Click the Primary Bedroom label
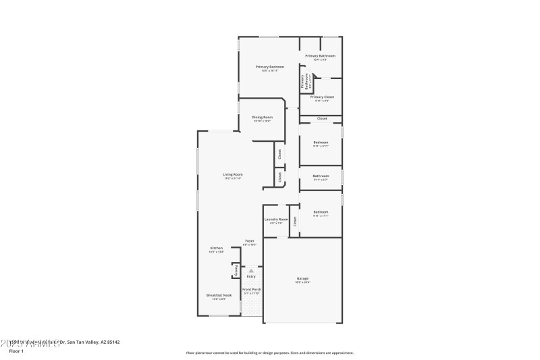269,67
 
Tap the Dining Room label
262,117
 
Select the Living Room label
233,174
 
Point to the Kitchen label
216,248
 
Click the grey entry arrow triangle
251,270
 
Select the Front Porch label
252,289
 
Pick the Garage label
302,278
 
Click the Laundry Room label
275,219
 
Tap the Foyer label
250,240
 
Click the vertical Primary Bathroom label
303,82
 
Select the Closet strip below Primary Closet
321,119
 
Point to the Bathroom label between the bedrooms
321,176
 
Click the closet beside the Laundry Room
294,221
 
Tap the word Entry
251,276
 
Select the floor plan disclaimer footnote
269,353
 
